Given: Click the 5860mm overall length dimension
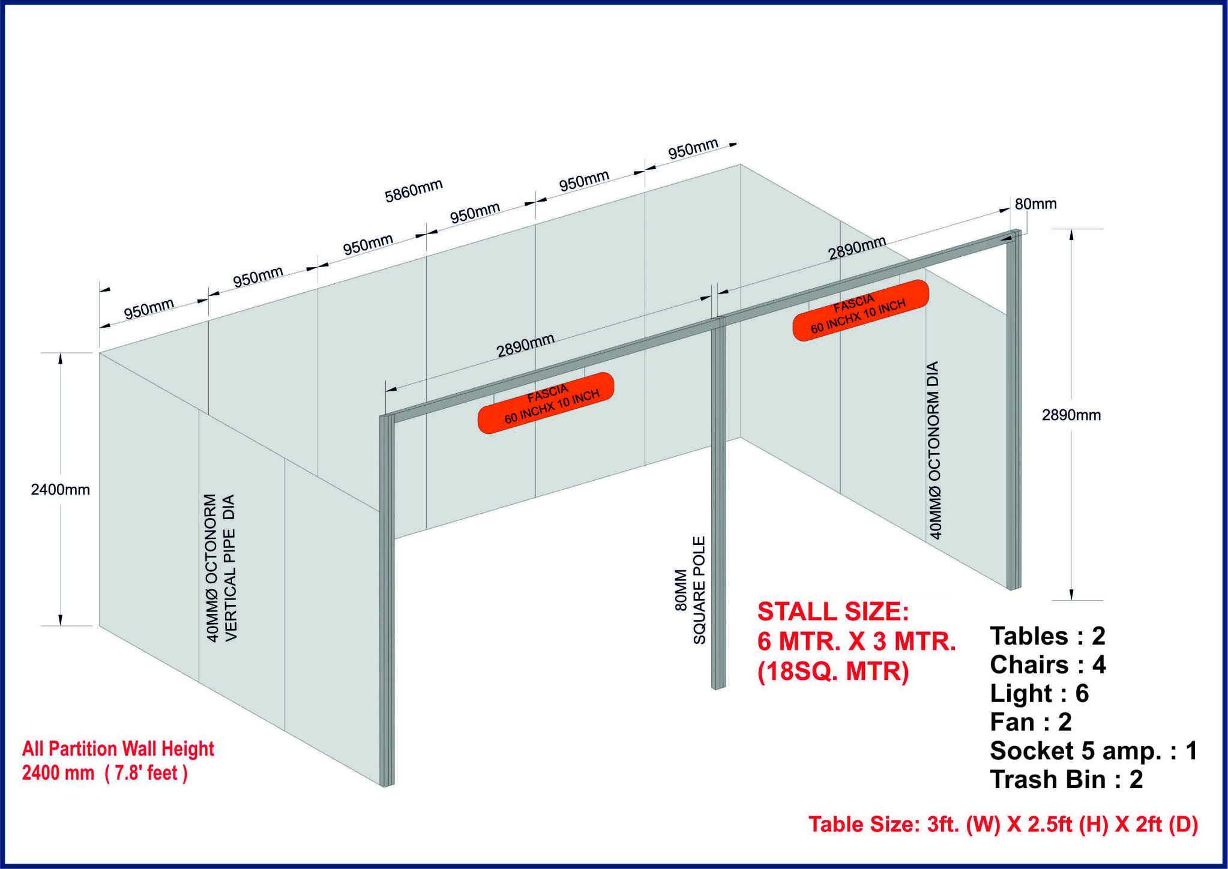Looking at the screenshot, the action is pyautogui.click(x=414, y=191).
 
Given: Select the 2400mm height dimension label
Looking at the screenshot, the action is pyautogui.click(x=60, y=490).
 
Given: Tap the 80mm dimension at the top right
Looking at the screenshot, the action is pyautogui.click(x=1035, y=204).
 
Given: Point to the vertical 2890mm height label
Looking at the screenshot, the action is pyautogui.click(x=1071, y=415).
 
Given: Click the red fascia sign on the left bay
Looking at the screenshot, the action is pyautogui.click(x=546, y=402).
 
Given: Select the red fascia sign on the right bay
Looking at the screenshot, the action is pyautogui.click(x=861, y=310).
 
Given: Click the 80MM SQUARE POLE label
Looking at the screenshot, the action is pyautogui.click(x=690, y=591).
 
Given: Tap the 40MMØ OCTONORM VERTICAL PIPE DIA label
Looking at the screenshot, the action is pyautogui.click(x=221, y=568).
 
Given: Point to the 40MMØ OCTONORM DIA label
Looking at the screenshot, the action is pyautogui.click(x=935, y=450).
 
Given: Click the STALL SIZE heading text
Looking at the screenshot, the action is pyautogui.click(x=833, y=612).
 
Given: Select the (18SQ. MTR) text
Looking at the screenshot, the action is pyautogui.click(x=833, y=672).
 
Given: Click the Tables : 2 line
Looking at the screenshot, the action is pyautogui.click(x=1047, y=636).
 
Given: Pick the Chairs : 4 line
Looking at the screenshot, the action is pyautogui.click(x=1048, y=665).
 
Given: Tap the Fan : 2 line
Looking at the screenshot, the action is pyautogui.click(x=1031, y=722).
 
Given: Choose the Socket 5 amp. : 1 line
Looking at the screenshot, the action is pyautogui.click(x=1094, y=751).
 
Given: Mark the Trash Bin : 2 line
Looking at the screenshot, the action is pyautogui.click(x=1067, y=780).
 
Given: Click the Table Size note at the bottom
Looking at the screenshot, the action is pyautogui.click(x=1004, y=825).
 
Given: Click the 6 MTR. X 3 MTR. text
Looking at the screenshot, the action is pyautogui.click(x=856, y=642).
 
